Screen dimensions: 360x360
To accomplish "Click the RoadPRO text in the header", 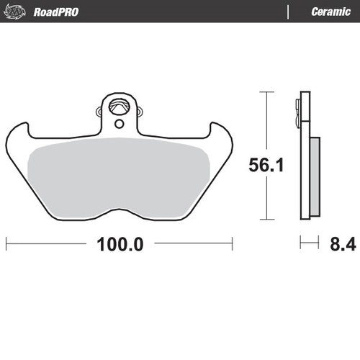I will point(55,12).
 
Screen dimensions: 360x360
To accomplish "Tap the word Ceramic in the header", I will point(330,12).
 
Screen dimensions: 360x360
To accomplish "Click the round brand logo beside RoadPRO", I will point(19,12).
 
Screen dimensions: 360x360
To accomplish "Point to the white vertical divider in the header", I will point(288,12).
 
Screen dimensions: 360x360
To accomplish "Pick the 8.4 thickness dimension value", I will point(343,243).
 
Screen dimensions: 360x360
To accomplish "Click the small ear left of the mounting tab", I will point(99,111).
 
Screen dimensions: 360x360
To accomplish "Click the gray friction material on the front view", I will point(119,176).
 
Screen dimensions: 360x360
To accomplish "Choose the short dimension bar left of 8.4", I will point(309,243).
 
